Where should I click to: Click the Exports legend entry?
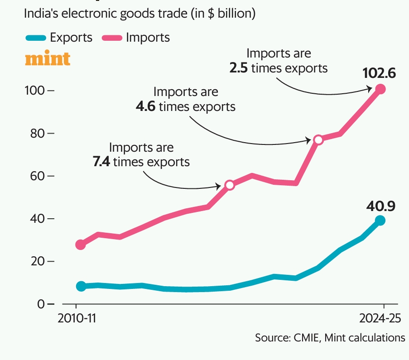click(59, 37)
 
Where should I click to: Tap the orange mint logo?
click(48, 59)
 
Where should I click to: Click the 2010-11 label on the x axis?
click(77, 318)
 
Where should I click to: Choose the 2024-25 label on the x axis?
click(380, 318)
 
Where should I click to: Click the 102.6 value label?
click(379, 73)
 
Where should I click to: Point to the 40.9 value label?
click(381, 206)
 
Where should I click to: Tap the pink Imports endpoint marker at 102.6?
click(380, 89)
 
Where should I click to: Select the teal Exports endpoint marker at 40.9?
click(380, 221)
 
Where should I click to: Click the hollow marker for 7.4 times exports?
click(230, 185)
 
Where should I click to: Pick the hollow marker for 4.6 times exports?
click(318, 139)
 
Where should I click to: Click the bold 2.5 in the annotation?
click(238, 68)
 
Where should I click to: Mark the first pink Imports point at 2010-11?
click(81, 245)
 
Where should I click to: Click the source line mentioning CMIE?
click(330, 337)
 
